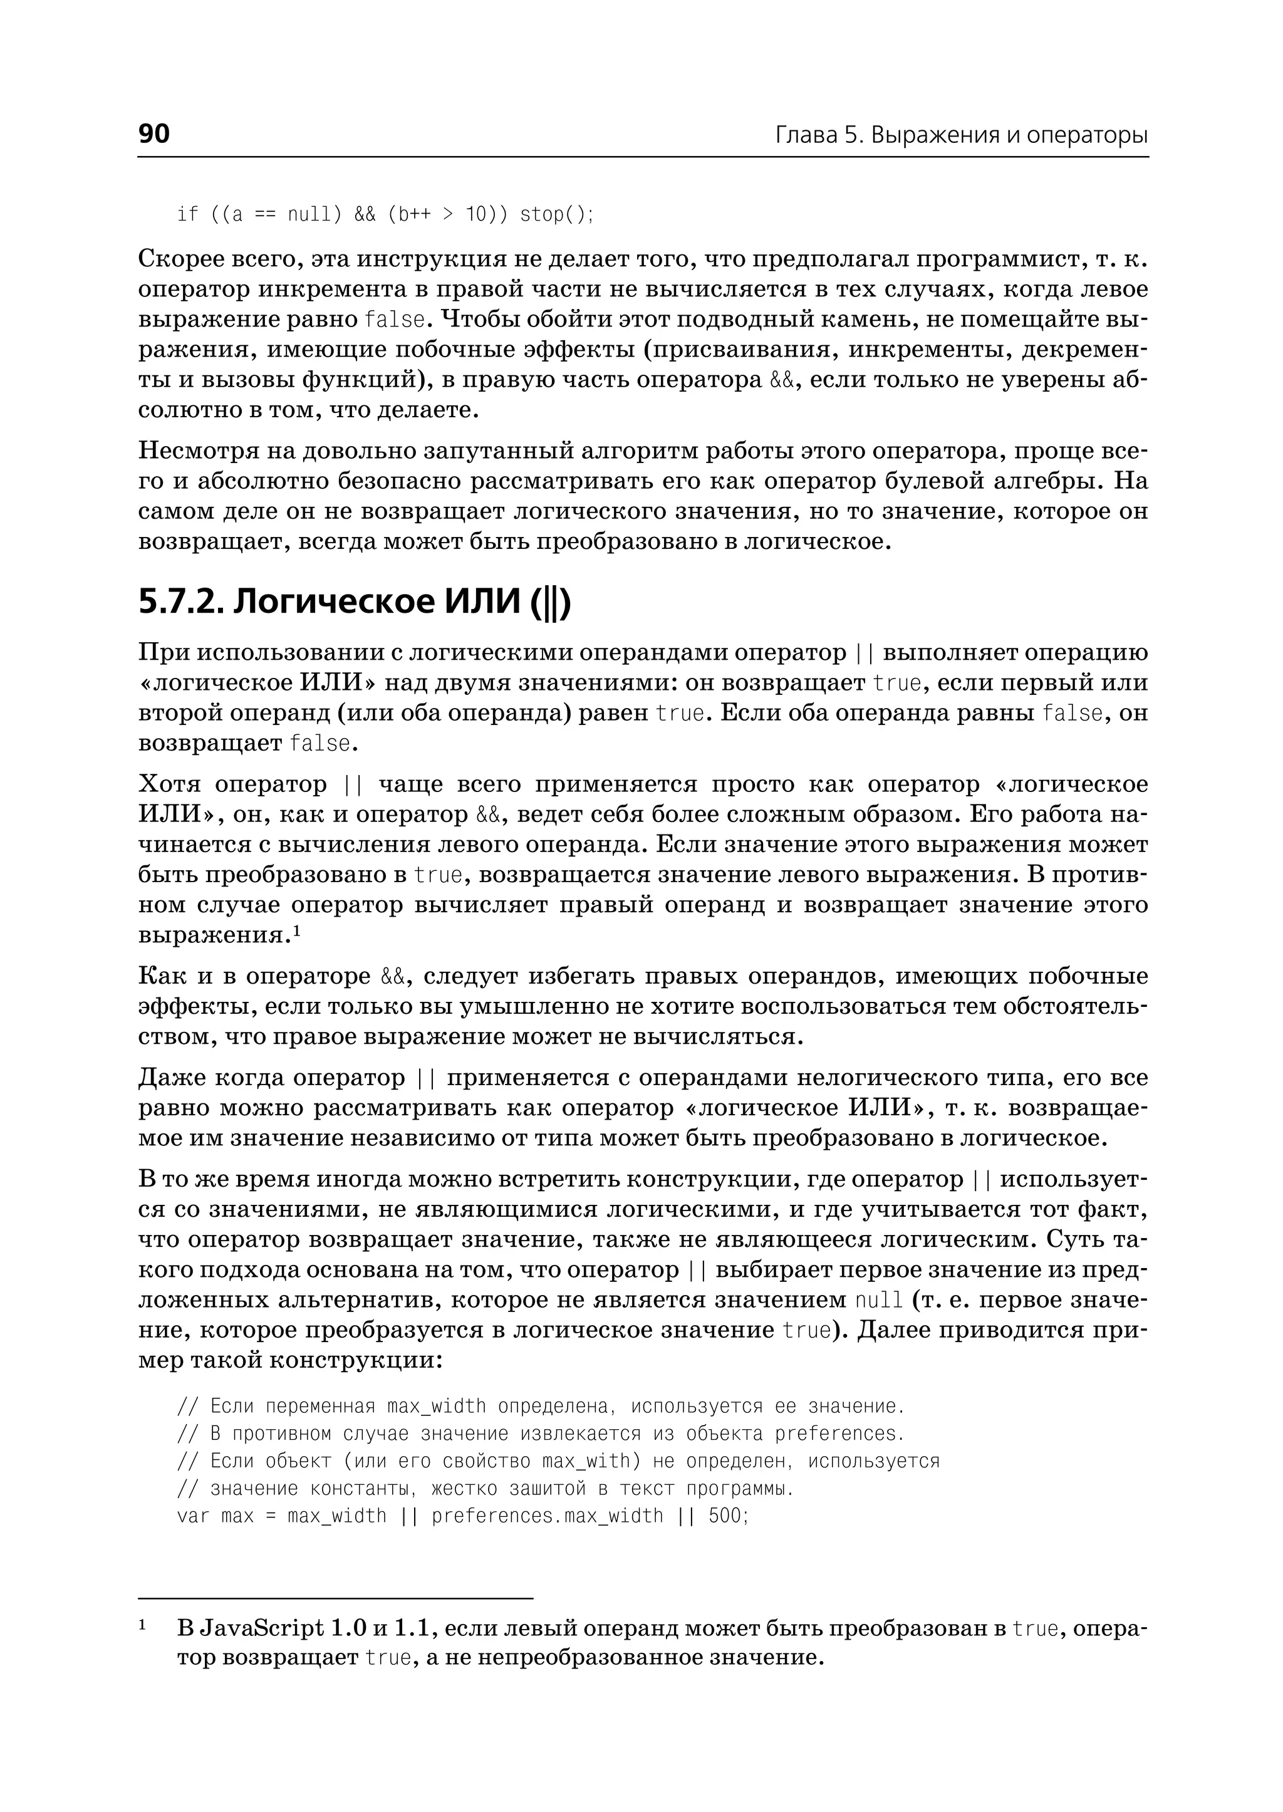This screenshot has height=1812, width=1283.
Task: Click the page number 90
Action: (x=154, y=133)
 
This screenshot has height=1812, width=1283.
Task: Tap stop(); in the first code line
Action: (x=556, y=214)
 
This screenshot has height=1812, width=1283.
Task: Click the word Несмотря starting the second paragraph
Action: (x=196, y=451)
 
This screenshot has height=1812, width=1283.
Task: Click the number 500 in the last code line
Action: (x=725, y=1516)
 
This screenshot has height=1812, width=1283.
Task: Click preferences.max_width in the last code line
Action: (x=548, y=1516)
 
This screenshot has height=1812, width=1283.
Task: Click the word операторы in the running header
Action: (x=1087, y=135)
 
